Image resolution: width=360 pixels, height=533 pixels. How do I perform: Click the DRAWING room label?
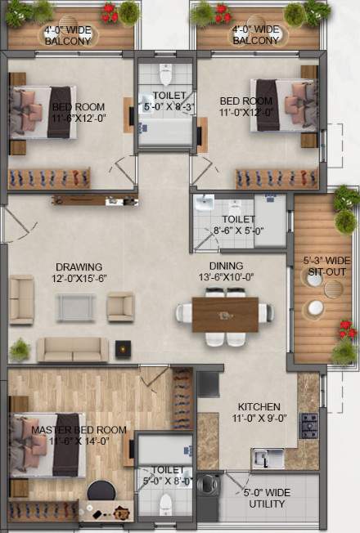[79, 267]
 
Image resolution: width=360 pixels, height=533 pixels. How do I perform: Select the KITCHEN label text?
[259, 407]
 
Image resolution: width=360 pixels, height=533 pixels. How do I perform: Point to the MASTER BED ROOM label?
[79, 430]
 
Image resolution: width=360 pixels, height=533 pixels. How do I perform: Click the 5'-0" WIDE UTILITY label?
[268, 499]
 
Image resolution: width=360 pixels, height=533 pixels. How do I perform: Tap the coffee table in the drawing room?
[76, 307]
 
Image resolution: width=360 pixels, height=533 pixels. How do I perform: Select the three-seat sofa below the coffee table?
[72, 349]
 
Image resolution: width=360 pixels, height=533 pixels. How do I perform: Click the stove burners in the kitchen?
[309, 422]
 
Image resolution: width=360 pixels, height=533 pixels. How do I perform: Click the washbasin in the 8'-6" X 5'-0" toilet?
[205, 203]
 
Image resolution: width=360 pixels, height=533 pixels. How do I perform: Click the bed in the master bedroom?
[49, 445]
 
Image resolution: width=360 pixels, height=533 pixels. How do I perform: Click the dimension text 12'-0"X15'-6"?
[79, 280]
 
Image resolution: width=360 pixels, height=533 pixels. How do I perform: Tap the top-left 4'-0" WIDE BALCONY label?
[68, 35]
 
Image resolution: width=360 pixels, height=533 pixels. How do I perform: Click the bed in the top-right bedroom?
[278, 105]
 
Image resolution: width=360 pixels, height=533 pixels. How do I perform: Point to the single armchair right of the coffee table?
[120, 307]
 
